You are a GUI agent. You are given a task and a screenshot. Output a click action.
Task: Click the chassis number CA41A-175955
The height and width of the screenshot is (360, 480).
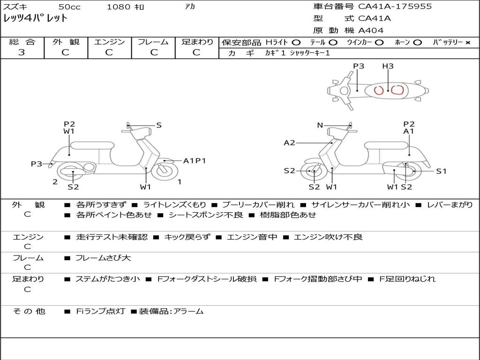(395, 7)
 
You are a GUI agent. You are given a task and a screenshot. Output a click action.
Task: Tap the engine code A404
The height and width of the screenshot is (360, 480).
(371, 30)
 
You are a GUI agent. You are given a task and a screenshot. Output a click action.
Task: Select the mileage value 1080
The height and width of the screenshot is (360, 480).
(119, 7)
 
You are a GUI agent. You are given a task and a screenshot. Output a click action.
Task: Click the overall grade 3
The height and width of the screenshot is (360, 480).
(22, 52)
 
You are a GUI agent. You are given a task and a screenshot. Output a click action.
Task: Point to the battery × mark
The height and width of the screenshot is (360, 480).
(467, 43)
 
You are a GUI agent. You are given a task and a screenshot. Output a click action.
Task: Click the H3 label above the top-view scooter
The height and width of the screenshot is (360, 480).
(388, 66)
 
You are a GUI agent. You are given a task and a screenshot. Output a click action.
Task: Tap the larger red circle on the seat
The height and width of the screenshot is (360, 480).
(398, 90)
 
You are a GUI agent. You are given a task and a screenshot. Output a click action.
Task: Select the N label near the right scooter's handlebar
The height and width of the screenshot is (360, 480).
(320, 125)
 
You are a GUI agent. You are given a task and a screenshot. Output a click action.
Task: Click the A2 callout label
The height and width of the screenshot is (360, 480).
(289, 142)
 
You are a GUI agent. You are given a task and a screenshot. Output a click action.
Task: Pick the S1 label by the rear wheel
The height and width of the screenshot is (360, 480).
(441, 171)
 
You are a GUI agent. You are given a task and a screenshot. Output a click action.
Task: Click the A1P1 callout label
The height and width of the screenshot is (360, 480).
(195, 161)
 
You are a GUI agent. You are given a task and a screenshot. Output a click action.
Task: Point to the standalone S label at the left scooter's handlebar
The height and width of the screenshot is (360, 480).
(158, 125)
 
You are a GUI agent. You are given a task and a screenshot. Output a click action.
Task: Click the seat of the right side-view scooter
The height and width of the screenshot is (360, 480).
(386, 146)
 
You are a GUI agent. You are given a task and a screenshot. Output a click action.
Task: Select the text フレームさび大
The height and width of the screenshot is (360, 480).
(103, 258)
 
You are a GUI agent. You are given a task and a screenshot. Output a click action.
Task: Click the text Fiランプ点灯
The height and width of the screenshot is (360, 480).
(100, 311)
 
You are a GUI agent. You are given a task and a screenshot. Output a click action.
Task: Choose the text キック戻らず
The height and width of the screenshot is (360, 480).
(187, 237)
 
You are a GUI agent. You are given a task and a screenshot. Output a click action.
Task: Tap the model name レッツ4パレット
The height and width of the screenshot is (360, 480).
(35, 18)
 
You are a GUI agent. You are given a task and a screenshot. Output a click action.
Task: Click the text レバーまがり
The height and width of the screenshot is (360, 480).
(450, 205)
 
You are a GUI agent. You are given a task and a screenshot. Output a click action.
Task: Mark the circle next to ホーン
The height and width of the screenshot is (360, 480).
(417, 43)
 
